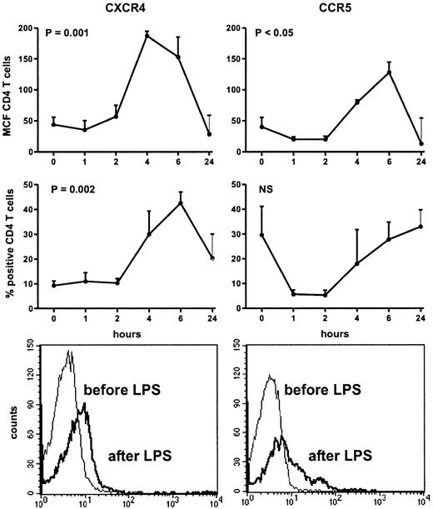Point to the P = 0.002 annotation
coord(71,189)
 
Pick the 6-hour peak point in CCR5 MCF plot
coord(364,72)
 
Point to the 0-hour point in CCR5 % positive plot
coord(261,235)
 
